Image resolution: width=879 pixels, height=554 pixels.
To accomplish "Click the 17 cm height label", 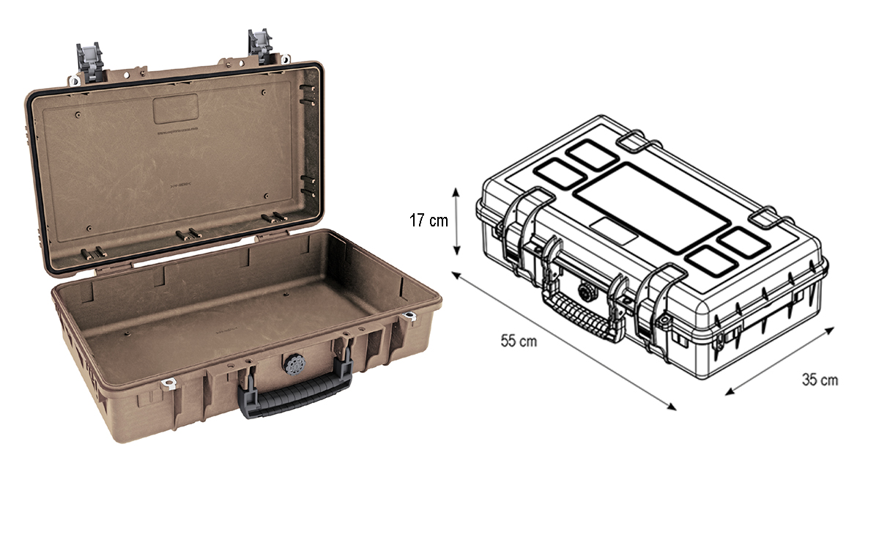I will pyautogui.click(x=429, y=220).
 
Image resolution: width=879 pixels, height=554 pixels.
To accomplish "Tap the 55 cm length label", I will pyautogui.click(x=519, y=341).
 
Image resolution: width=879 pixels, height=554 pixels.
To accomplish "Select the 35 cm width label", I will pyautogui.click(x=820, y=380).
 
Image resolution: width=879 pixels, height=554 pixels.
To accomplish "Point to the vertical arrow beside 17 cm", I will pyautogui.click(x=457, y=221).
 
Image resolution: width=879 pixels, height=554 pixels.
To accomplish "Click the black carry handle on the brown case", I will pyautogui.click(x=293, y=399).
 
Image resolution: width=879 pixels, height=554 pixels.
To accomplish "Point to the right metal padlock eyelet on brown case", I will pyautogui.click(x=409, y=317).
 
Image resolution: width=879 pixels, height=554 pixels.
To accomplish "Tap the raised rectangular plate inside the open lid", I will pyautogui.click(x=176, y=108).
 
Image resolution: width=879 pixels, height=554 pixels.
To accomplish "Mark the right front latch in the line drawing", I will pyautogui.click(x=656, y=308).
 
